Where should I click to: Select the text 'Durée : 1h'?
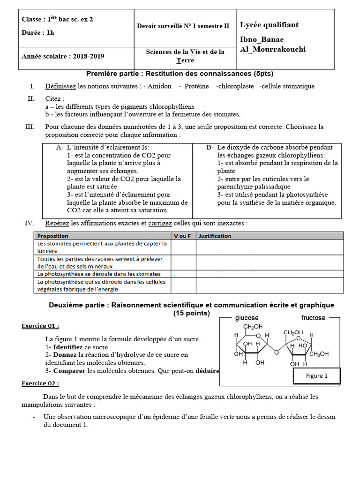click(37, 33)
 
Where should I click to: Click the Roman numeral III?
click(30, 127)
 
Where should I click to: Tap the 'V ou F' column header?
click(182, 236)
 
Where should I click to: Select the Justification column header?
click(215, 236)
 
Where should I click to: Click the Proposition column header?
click(52, 236)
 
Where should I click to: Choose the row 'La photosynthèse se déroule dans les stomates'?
click(99, 274)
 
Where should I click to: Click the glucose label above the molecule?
click(247, 318)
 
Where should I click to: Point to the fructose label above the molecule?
click(313, 318)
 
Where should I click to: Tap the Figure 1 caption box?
click(316, 375)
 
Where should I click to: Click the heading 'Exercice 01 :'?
click(40, 326)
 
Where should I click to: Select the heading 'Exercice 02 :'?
click(40, 383)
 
